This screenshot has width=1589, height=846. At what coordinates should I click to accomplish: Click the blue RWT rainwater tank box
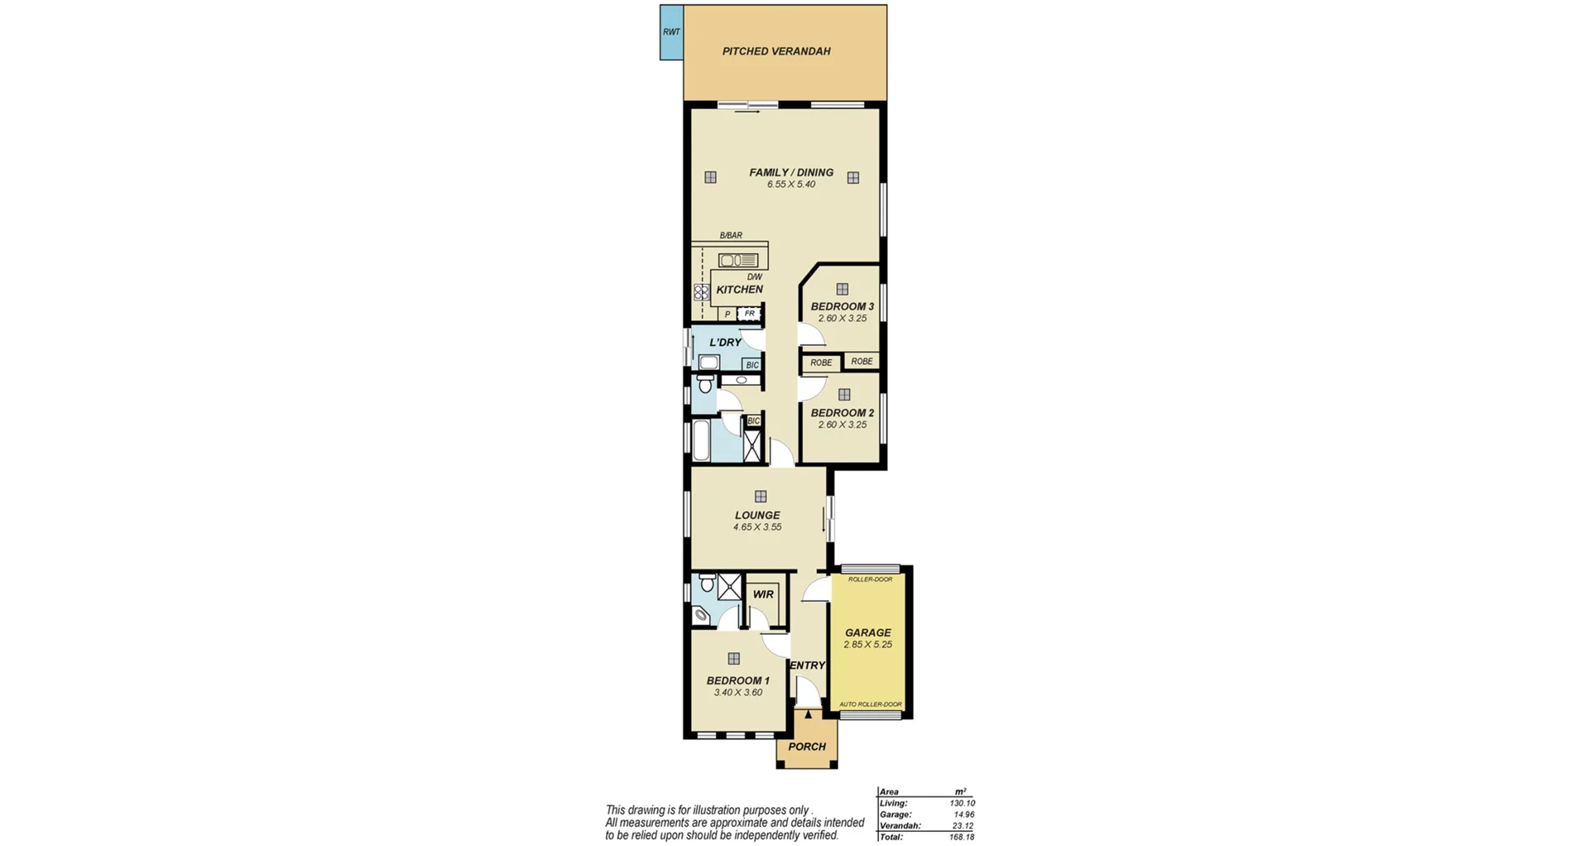click(x=671, y=32)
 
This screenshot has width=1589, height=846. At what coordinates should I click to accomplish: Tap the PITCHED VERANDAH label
click(x=775, y=51)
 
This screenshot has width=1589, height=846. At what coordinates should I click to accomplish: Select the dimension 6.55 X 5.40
click(x=791, y=185)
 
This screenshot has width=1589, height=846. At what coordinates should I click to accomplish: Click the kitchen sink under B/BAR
click(x=737, y=260)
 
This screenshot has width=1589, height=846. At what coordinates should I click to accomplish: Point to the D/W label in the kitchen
click(x=754, y=277)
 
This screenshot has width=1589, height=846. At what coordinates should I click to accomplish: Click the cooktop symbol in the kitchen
click(x=702, y=292)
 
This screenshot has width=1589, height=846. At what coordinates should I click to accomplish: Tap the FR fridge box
click(x=750, y=314)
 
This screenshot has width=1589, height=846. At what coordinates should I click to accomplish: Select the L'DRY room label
click(x=725, y=342)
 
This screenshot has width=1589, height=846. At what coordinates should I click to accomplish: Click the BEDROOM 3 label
click(x=842, y=306)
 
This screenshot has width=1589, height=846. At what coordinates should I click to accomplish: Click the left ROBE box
click(x=821, y=363)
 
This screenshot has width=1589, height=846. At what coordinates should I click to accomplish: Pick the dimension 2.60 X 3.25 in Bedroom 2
click(x=842, y=425)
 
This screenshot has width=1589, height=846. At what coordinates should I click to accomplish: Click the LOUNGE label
click(x=757, y=515)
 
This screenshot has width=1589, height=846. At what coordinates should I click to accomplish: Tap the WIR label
click(x=763, y=594)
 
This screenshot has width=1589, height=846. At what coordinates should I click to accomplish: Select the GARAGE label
click(x=867, y=632)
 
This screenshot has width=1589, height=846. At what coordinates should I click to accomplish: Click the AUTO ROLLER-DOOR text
click(x=870, y=704)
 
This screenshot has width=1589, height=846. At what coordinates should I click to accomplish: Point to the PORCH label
click(x=807, y=747)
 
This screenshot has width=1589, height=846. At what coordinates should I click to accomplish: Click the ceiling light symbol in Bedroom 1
click(x=733, y=659)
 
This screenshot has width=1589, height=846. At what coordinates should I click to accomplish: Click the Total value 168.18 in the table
click(x=962, y=837)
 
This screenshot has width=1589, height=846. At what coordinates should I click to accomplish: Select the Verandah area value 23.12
click(x=963, y=826)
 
